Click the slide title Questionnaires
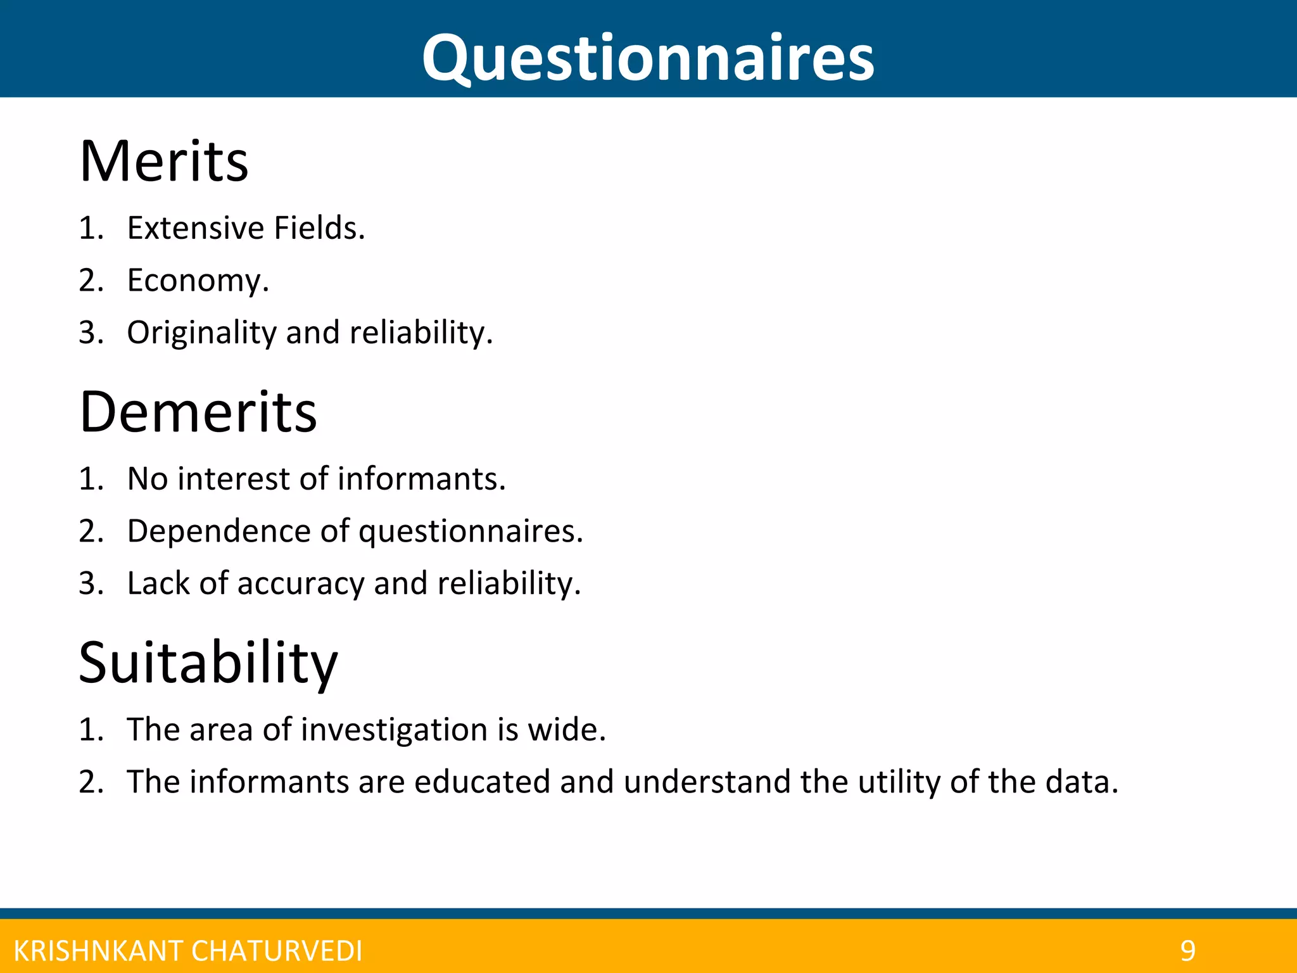point(648,58)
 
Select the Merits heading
point(164,162)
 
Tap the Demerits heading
point(198,412)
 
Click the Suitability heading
point(208,663)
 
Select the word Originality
point(201,333)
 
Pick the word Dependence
point(218,531)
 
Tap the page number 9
point(1187,951)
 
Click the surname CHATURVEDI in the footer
point(277,951)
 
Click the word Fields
point(319,228)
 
